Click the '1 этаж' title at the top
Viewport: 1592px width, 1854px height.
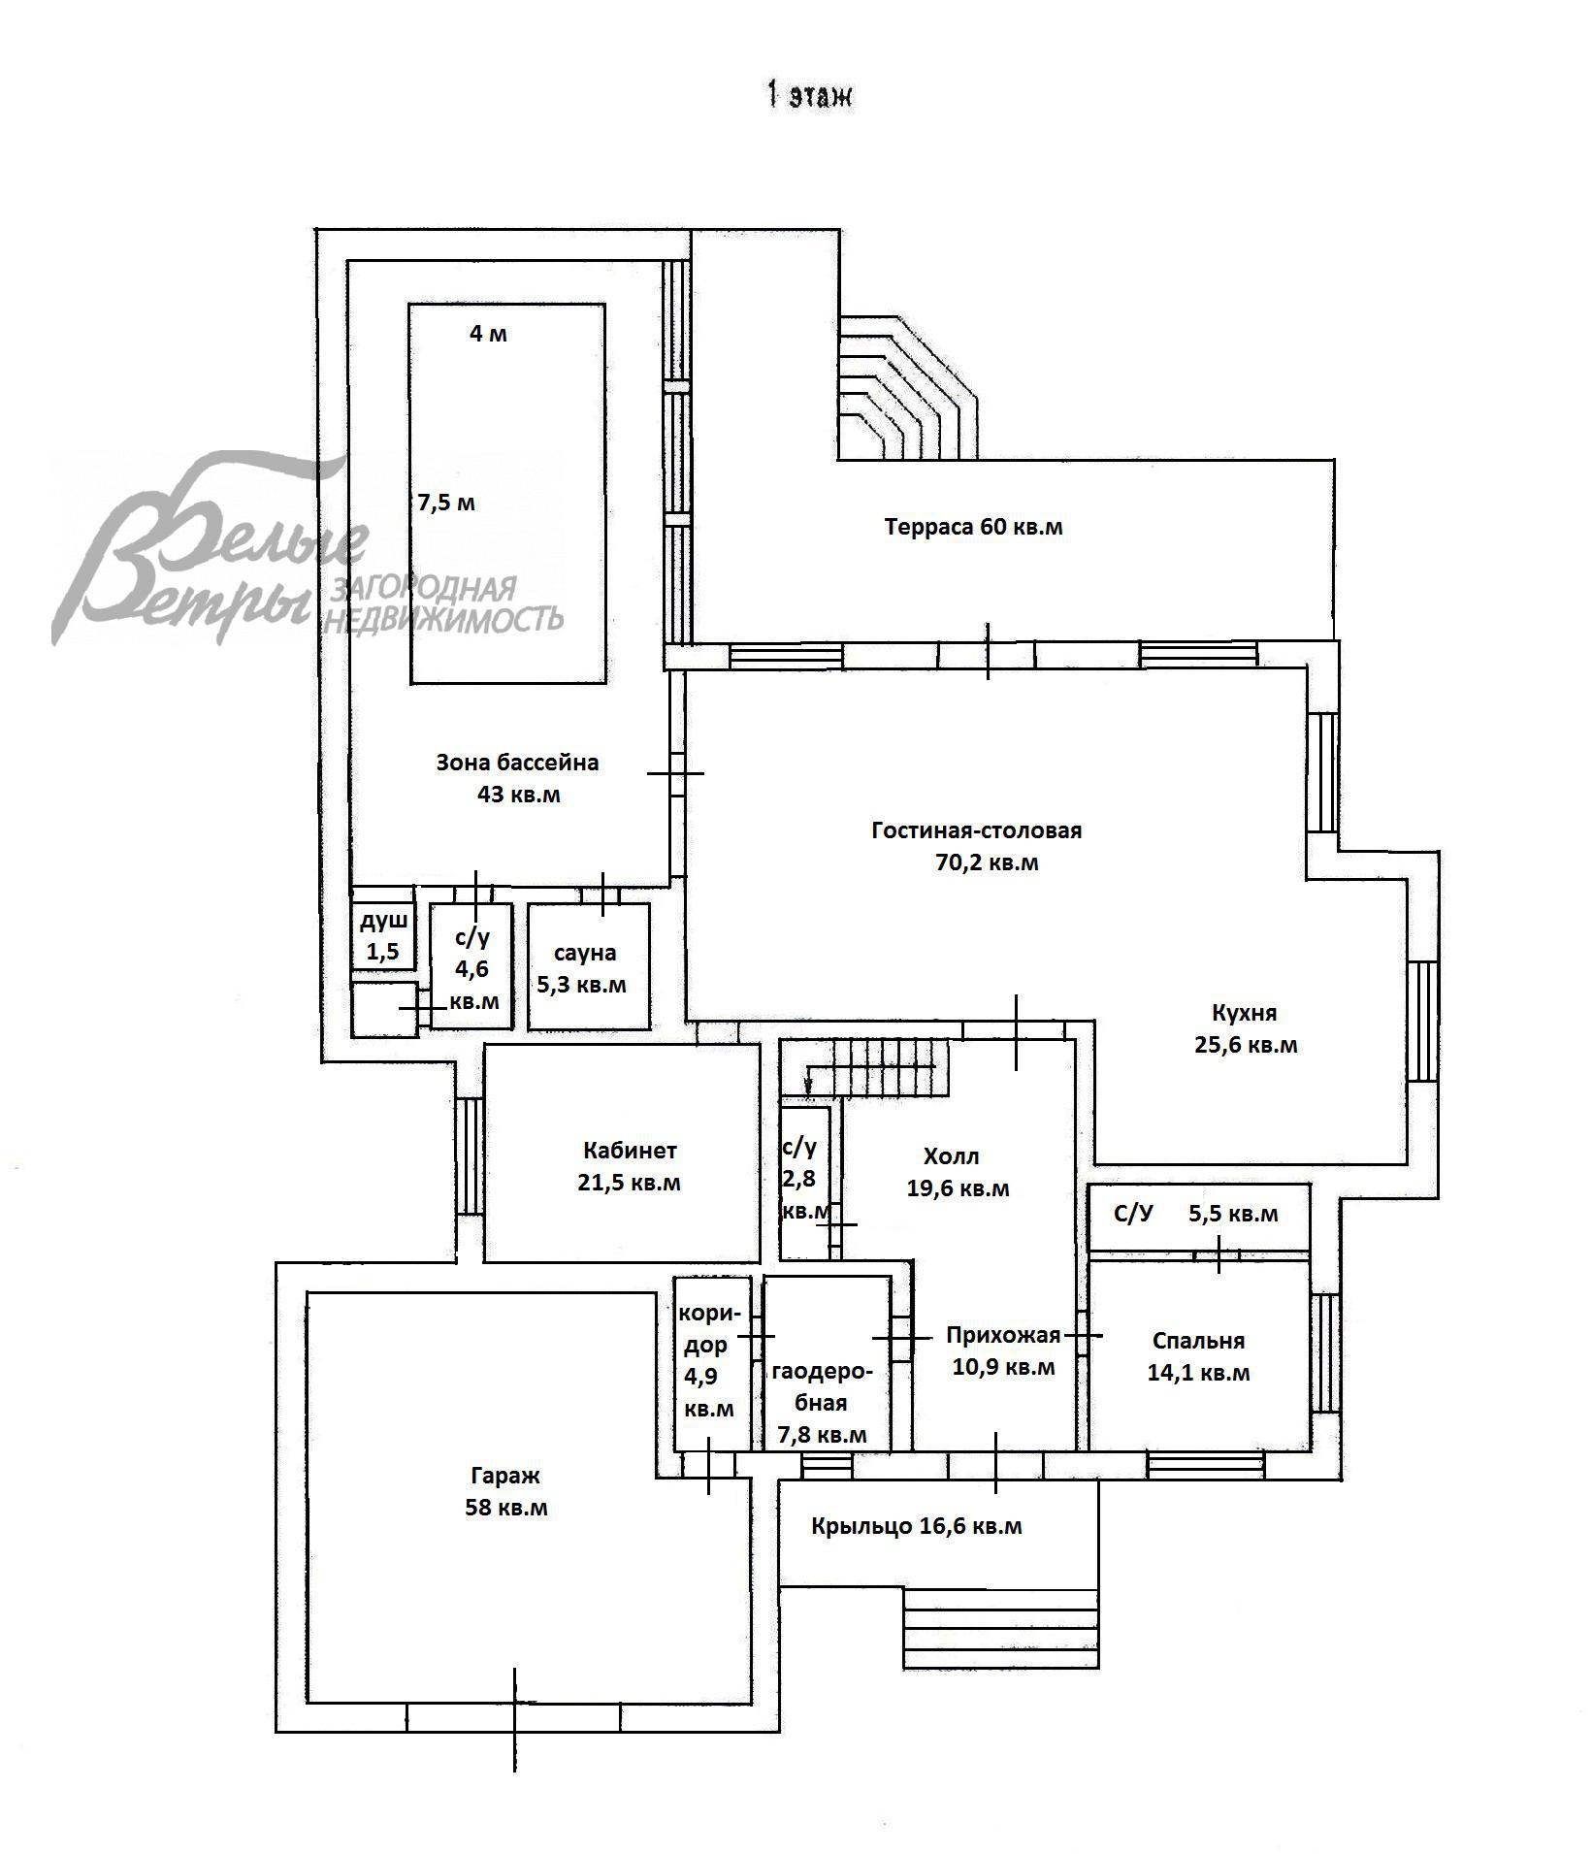tap(809, 96)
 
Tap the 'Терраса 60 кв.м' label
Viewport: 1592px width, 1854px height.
tap(973, 528)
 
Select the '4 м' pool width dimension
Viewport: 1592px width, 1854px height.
tap(488, 334)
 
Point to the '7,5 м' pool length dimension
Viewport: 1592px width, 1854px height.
tap(446, 504)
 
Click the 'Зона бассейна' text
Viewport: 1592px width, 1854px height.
tap(517, 763)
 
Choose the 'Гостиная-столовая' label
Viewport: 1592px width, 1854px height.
tap(976, 831)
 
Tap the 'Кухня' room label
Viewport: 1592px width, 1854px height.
tap(1245, 1013)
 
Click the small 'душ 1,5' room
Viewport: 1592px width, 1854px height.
tap(383, 936)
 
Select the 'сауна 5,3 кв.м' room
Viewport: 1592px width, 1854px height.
tap(589, 966)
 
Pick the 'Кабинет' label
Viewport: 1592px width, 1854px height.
tap(630, 1152)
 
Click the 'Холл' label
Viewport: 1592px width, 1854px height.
tap(951, 1156)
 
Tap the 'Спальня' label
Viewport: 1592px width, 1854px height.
tap(1198, 1341)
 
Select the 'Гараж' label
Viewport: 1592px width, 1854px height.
tap(505, 1476)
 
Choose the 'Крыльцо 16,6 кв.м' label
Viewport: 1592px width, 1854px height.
tap(917, 1526)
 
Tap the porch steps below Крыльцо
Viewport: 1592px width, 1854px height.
tap(1001, 1628)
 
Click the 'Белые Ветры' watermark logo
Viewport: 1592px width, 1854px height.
tap(306, 548)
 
